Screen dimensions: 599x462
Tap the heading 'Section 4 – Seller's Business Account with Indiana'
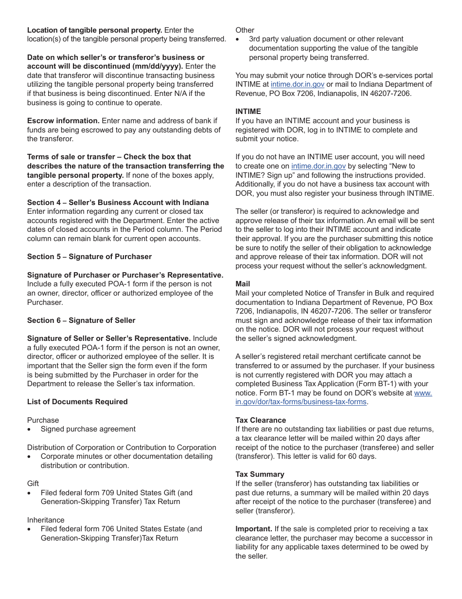[118, 203]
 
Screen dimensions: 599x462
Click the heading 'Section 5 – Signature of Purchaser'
[89, 257]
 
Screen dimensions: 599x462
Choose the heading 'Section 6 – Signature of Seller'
[81, 320]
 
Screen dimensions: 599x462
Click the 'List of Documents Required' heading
[77, 402]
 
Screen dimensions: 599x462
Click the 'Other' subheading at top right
[245, 30]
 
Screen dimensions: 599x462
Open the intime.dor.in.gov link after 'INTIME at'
[297, 84]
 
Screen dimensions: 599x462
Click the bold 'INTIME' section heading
[248, 112]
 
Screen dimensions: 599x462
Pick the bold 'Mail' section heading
[243, 284]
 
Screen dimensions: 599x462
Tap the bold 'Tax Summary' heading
[260, 474]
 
